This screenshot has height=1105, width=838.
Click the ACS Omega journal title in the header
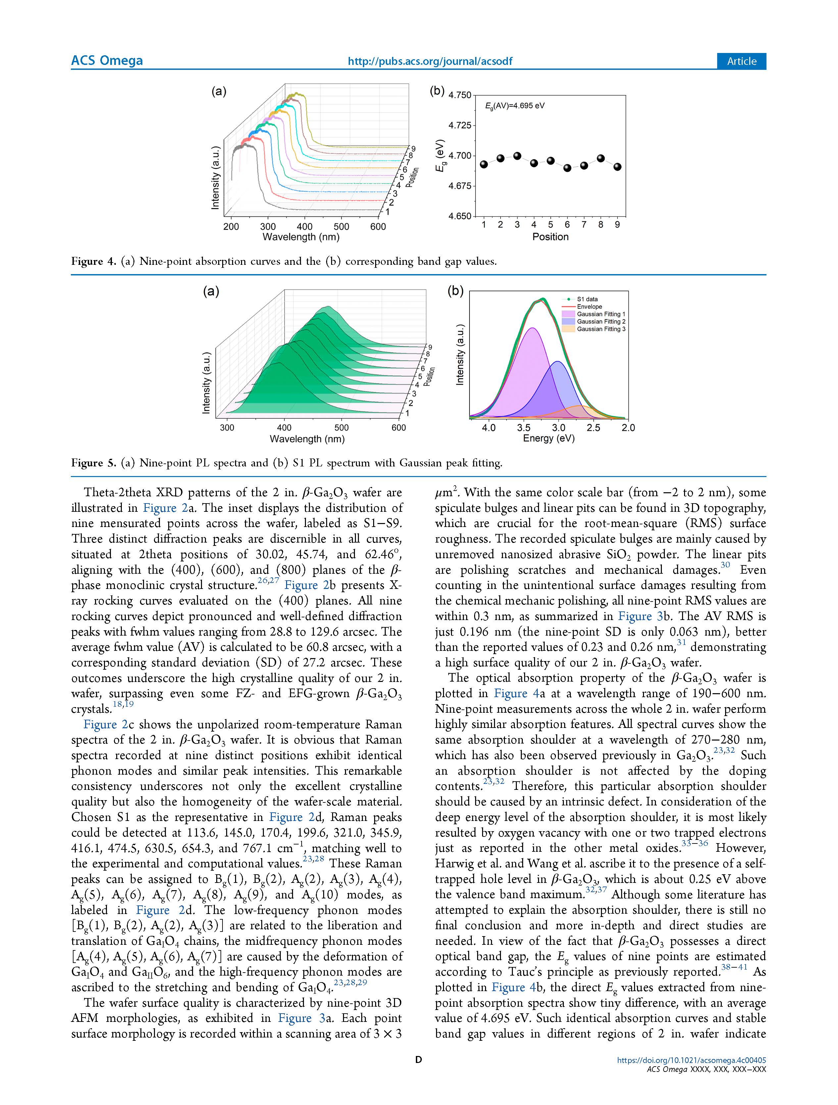[107, 61]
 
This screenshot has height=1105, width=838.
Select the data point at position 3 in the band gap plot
[517, 156]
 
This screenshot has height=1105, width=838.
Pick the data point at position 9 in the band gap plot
[617, 167]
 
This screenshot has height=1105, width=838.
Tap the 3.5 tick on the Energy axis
[524, 428]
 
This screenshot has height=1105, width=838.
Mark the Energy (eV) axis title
[549, 439]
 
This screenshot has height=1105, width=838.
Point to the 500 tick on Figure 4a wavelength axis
[342, 227]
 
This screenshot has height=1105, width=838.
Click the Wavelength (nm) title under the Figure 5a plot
[307, 439]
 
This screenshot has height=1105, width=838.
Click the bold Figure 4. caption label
[94, 261]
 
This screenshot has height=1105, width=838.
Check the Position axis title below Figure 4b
[550, 237]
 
